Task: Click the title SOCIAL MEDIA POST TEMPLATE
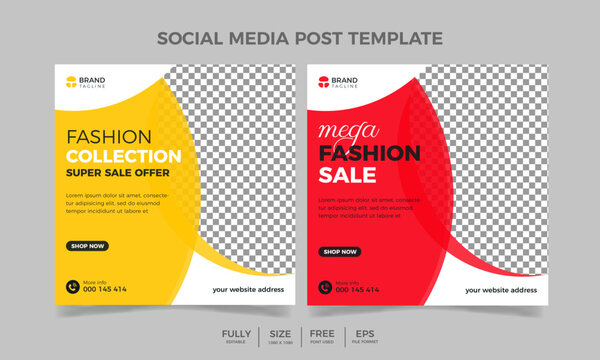(300, 39)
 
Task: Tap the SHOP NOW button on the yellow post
(88, 245)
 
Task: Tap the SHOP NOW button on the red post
(340, 252)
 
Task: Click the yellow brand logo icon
(70, 83)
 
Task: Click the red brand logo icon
(322, 83)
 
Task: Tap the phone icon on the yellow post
(72, 286)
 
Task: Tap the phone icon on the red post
(324, 286)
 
